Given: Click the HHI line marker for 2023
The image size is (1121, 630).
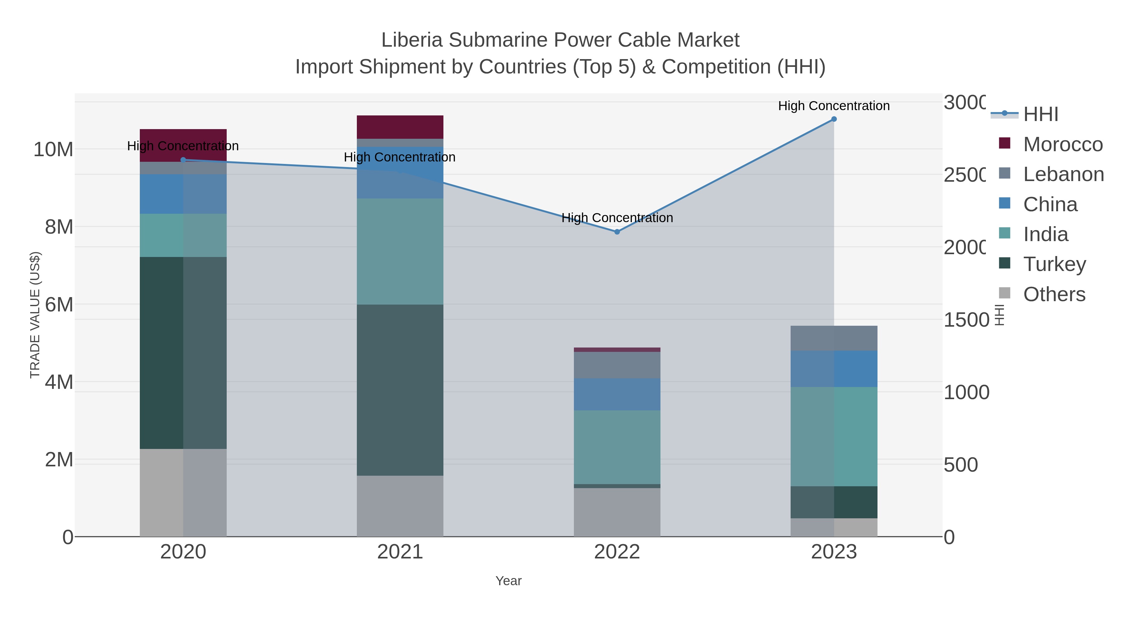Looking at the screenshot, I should click(x=834, y=119).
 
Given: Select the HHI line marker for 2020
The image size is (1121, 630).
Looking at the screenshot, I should click(x=183, y=160).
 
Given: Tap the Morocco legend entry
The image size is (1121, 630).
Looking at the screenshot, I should click(x=1062, y=144).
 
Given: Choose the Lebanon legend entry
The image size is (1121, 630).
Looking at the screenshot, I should click(x=1063, y=174).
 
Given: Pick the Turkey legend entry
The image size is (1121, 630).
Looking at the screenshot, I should click(x=1054, y=264).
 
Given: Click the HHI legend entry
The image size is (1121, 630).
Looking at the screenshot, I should click(x=1040, y=114).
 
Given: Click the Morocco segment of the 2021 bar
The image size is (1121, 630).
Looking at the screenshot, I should click(x=400, y=127).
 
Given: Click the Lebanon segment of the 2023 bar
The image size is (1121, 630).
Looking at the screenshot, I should click(x=834, y=338).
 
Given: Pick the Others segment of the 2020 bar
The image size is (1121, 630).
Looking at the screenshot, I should click(x=183, y=492).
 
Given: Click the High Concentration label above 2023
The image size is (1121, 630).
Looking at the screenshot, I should click(x=834, y=106).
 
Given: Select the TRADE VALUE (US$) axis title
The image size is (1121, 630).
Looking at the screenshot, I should click(x=35, y=315).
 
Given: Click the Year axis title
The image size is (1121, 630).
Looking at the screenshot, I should click(x=508, y=581).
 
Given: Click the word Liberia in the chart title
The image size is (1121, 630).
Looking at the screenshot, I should click(x=412, y=40).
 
